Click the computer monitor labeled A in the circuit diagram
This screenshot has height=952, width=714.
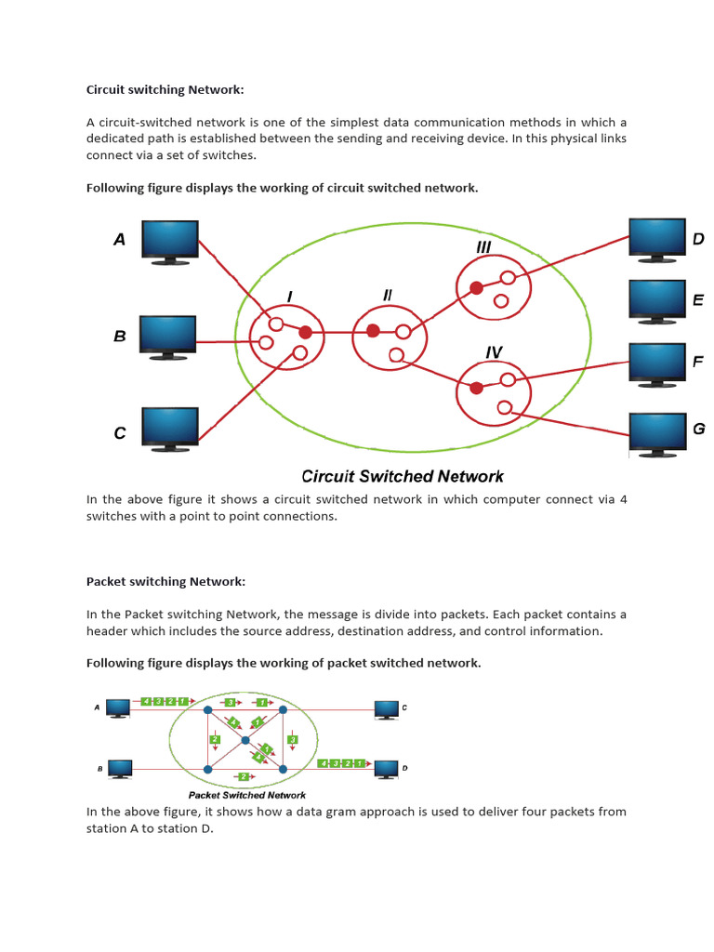click(x=169, y=240)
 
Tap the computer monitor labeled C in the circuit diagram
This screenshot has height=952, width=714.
click(x=169, y=428)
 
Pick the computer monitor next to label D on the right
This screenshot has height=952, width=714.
click(x=657, y=238)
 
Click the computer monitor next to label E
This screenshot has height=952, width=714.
click(x=657, y=300)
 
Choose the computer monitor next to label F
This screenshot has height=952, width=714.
click(x=657, y=363)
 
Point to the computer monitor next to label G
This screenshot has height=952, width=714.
click(x=657, y=432)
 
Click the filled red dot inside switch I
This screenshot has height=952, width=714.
click(x=305, y=332)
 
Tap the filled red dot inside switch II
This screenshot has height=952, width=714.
click(x=373, y=331)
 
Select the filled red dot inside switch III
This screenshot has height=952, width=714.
click(x=476, y=288)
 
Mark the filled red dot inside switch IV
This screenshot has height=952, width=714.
click(x=476, y=388)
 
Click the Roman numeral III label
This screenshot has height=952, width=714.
click(x=483, y=247)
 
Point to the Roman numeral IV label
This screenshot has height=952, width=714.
click(x=494, y=352)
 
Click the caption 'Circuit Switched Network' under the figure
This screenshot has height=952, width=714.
click(x=403, y=476)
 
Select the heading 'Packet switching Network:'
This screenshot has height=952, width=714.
click(x=166, y=581)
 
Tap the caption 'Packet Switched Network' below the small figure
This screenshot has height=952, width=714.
click(x=247, y=795)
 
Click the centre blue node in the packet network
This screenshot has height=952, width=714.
click(x=245, y=740)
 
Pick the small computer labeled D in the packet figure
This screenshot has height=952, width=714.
click(x=386, y=768)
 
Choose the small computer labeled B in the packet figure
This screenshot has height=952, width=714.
click(x=119, y=768)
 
